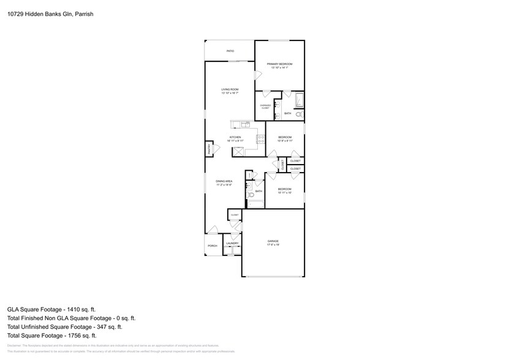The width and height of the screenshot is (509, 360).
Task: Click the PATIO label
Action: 230,51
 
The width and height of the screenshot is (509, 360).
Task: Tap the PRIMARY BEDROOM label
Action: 279,64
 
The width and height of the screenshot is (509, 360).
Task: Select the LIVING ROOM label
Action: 230,89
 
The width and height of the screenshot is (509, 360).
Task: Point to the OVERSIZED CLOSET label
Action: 265,107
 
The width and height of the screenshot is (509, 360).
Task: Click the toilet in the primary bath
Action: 299,114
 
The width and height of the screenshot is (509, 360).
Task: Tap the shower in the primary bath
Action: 299,100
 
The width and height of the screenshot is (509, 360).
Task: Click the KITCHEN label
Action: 235,137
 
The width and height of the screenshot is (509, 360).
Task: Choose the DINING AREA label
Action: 224,181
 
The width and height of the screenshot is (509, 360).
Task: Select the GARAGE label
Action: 273,241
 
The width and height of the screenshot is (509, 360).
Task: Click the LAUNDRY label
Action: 232,244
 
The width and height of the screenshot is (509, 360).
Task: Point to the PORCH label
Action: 213,246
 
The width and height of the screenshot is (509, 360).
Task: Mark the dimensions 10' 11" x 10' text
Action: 284,193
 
